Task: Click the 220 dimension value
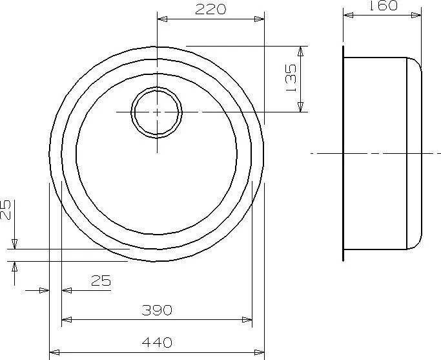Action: point(210,9)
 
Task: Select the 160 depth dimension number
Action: point(383,5)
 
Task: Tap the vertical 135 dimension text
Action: point(291,78)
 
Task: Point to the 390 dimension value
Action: point(157,310)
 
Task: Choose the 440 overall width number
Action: point(157,343)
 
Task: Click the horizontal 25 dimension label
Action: point(101,281)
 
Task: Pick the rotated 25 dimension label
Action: point(5,209)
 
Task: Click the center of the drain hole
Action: point(157,112)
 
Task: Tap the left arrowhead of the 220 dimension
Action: point(162,19)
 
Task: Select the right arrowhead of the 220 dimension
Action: point(259,19)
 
